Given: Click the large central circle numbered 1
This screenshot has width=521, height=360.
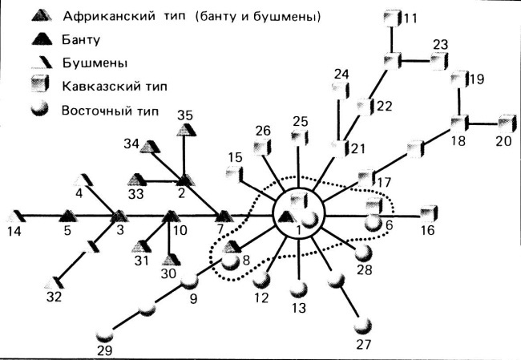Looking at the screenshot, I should click(298, 214).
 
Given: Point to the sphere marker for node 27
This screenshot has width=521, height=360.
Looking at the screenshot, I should click(366, 325).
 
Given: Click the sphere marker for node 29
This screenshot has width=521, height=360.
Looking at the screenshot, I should click(104, 334).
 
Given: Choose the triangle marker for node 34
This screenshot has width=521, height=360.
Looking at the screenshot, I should click(155, 145).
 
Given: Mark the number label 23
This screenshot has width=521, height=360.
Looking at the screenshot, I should click(441, 44).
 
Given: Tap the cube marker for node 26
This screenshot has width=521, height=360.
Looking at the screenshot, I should click(260, 148).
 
